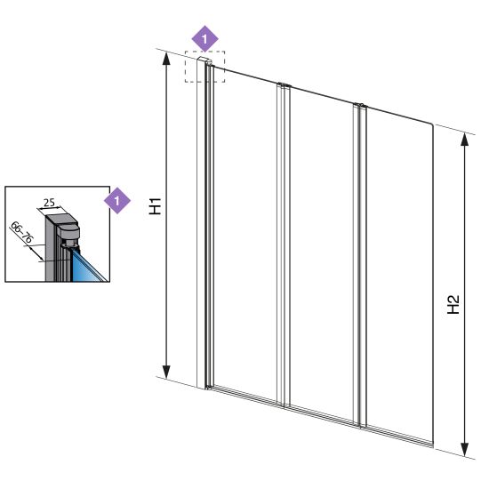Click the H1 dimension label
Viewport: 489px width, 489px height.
[155, 206]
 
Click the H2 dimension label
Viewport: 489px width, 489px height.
[453, 304]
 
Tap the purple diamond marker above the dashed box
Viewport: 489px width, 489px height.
[204, 39]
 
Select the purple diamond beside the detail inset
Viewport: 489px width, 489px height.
[117, 200]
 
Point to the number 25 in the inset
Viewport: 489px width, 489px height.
[49, 203]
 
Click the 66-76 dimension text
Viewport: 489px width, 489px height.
[21, 232]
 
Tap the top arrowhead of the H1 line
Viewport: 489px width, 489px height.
[166, 59]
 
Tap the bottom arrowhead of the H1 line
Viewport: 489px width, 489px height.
[166, 372]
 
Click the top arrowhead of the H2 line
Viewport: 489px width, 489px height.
[465, 140]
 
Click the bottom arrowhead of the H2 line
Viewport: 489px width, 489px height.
[465, 449]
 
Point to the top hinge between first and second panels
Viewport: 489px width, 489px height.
[285, 85]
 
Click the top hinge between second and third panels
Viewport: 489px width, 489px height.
[360, 106]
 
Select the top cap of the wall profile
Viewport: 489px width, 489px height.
[204, 60]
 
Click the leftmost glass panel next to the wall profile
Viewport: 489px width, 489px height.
[245, 234]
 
